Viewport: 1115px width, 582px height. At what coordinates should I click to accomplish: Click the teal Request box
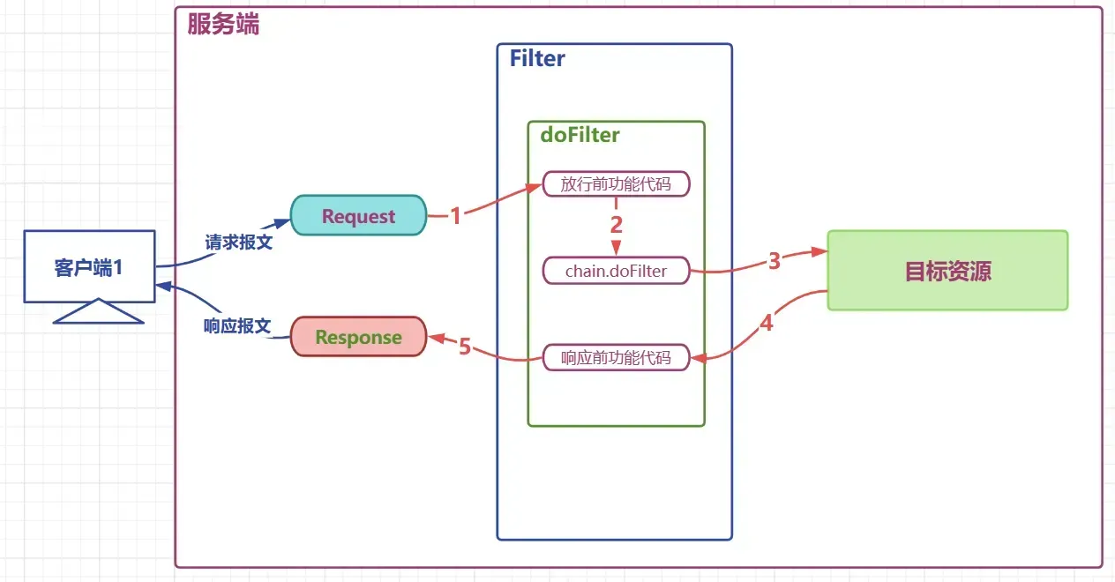[x=358, y=216]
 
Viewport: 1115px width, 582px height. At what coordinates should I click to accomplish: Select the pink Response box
[x=358, y=337]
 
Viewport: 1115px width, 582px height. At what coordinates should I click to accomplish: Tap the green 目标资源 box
[x=947, y=271]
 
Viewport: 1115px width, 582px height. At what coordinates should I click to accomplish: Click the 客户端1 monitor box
[x=89, y=267]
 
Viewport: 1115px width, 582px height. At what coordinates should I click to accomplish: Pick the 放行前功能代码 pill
[x=616, y=184]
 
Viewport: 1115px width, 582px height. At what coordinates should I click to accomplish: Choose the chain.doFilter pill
[x=616, y=271]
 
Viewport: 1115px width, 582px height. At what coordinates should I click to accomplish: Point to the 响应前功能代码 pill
[x=616, y=357]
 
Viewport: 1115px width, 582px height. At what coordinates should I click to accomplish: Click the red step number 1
[x=455, y=216]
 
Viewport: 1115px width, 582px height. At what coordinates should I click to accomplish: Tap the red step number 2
[x=617, y=225]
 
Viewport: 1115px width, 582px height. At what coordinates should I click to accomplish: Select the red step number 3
[x=775, y=261]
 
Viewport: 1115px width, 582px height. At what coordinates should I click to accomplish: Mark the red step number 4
[x=767, y=324]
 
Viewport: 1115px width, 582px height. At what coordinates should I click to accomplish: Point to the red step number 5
[x=465, y=347]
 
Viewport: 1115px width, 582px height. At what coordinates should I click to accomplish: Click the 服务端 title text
[x=223, y=24]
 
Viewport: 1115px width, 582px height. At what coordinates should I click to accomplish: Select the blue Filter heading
[x=537, y=59]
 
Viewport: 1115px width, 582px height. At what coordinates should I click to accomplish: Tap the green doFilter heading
[x=580, y=135]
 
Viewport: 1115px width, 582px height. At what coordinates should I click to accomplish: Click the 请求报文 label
[x=238, y=242]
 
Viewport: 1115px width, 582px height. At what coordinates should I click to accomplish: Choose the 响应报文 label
[x=236, y=325]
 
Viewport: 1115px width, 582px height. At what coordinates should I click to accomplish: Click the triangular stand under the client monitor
[x=98, y=312]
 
